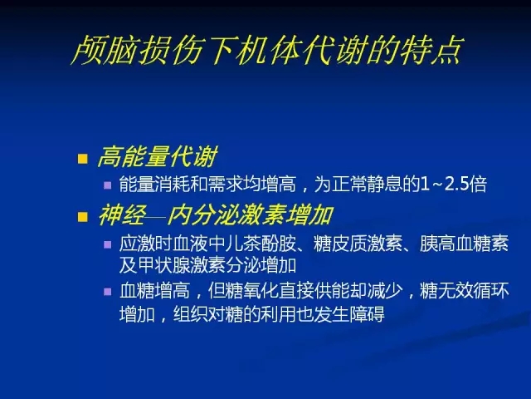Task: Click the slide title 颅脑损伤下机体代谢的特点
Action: click(x=266, y=50)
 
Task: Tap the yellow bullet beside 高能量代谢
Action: click(x=83, y=159)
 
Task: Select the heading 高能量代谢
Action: click(x=158, y=157)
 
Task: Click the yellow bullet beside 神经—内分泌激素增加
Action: click(x=83, y=216)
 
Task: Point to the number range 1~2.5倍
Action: click(x=453, y=185)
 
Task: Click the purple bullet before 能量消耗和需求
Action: click(x=108, y=185)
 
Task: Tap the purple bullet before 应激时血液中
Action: click(x=108, y=244)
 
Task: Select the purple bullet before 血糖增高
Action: click(x=108, y=292)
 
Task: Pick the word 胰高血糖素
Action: click(x=465, y=244)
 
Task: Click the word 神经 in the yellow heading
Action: click(x=122, y=215)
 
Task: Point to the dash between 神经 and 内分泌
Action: click(x=157, y=215)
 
